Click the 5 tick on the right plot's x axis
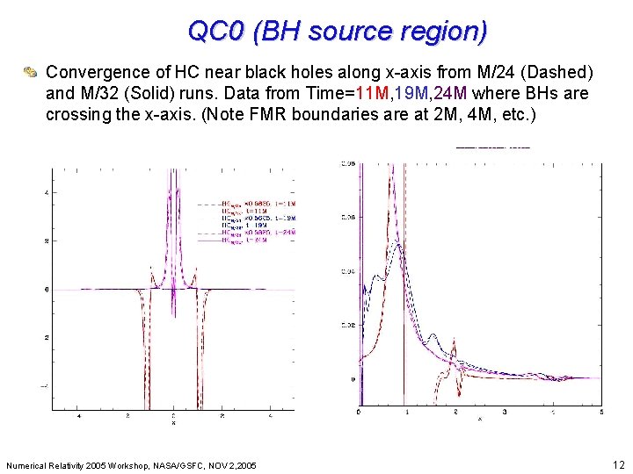click(600, 411)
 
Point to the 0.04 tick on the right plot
click(349, 272)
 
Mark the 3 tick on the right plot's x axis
click(504, 411)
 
